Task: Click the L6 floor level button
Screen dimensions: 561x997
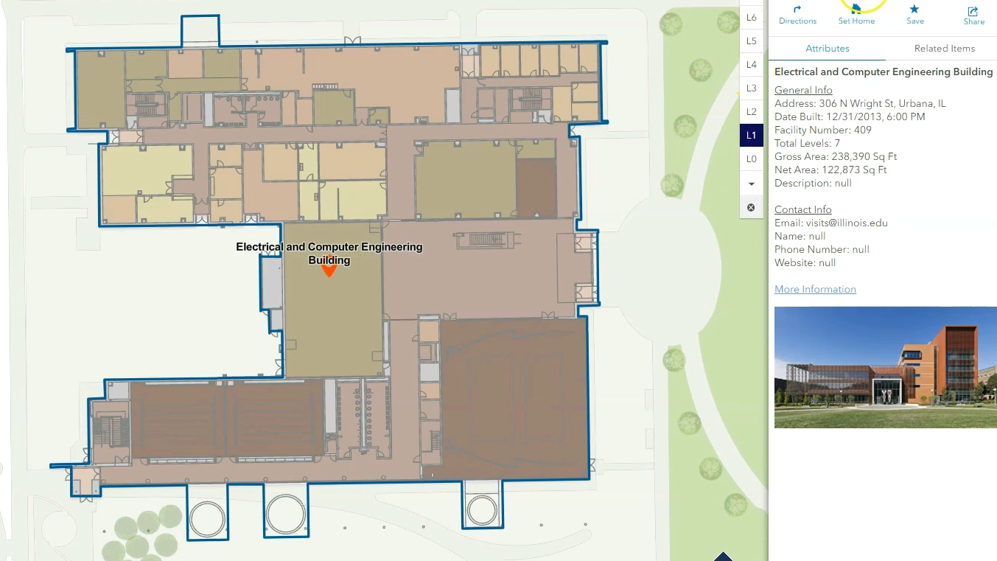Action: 751,17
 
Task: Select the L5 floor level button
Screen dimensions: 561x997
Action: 751,41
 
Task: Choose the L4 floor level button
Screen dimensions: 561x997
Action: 751,65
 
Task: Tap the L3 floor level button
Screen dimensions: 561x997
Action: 751,88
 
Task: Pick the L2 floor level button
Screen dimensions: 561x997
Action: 751,112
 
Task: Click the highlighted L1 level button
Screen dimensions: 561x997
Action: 751,136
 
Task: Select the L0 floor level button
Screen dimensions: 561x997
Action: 751,159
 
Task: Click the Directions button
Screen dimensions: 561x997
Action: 797,15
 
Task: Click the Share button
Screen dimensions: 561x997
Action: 973,15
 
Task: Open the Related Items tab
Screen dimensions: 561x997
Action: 944,49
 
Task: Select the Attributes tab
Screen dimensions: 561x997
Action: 827,49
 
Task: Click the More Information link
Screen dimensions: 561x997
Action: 815,290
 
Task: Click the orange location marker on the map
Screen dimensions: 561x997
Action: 329,271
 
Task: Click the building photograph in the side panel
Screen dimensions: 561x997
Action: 885,367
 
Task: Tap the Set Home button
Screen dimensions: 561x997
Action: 856,15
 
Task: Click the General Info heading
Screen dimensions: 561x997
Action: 803,91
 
